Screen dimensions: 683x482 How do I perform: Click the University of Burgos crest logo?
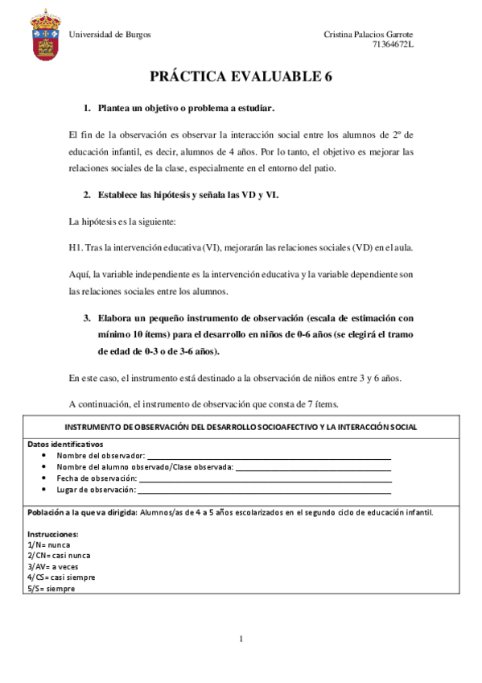[x=44, y=38]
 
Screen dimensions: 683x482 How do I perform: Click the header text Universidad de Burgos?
[x=109, y=34]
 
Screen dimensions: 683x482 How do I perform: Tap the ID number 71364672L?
[x=393, y=43]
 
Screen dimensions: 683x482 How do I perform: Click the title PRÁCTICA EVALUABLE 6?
[x=241, y=77]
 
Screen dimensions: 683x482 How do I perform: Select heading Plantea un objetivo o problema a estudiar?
[x=186, y=107]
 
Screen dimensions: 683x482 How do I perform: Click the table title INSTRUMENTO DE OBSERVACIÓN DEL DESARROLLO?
[x=241, y=427]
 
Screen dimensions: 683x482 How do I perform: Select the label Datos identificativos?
[x=64, y=444]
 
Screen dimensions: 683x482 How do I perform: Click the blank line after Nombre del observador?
[x=269, y=456]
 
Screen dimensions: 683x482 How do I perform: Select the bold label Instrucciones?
[x=52, y=534]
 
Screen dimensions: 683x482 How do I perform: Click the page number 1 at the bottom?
[x=241, y=640]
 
